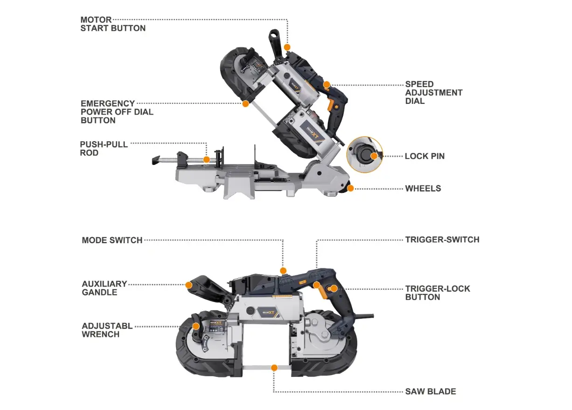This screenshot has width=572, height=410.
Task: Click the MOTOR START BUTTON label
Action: coord(112,24)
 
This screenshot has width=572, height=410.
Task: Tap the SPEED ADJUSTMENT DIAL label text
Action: coord(433,93)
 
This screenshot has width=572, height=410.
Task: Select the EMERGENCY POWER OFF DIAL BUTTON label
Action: coord(117,112)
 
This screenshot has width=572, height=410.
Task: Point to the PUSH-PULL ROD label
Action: coord(104,149)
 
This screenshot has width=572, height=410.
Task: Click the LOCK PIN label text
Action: coord(425,156)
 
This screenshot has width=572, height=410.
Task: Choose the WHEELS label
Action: coord(423,189)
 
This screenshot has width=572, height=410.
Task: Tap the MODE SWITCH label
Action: coord(112,240)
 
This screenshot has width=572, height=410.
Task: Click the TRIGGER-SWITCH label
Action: coord(442,240)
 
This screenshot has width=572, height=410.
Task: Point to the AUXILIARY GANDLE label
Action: coord(104,288)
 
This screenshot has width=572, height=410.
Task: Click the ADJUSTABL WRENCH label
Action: coord(107,330)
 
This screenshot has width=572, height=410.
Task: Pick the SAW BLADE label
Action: coord(430,391)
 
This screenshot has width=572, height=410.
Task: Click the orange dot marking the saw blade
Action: coord(274,368)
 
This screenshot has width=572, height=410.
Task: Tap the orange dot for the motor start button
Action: coord(287,47)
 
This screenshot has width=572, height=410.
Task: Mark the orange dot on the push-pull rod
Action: coord(207,160)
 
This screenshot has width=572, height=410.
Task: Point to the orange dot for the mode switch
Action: coord(283,270)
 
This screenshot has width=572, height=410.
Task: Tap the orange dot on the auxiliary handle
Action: coord(188,285)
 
